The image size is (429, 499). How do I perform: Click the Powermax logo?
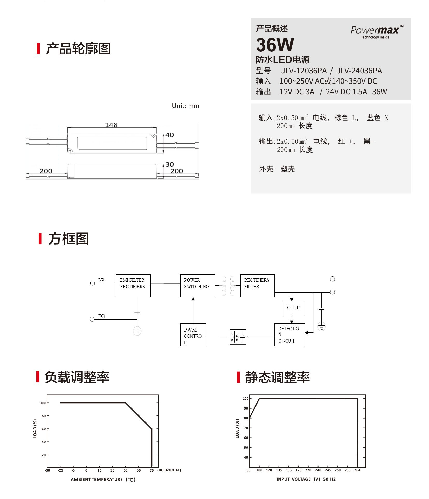[x=377, y=32]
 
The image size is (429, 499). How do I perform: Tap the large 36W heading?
[x=275, y=45]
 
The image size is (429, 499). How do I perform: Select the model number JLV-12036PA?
[x=304, y=71]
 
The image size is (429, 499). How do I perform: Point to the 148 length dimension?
[x=111, y=125]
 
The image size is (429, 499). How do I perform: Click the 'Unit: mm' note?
[x=185, y=106]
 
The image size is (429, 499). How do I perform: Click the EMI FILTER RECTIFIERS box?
[x=133, y=286]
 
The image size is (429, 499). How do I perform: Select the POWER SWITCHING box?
[x=197, y=286]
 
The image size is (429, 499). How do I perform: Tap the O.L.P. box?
[x=294, y=308]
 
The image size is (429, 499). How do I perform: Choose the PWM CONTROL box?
[x=193, y=335]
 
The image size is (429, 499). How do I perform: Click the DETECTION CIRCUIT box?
[x=289, y=335]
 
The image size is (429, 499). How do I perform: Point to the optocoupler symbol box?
[x=238, y=337]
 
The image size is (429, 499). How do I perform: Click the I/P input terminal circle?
[x=92, y=283]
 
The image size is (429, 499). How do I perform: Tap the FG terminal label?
[x=101, y=316]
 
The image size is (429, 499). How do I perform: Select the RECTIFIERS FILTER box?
[x=257, y=286]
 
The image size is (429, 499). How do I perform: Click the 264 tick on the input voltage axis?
[x=357, y=470]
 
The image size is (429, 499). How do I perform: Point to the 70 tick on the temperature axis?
[x=152, y=470]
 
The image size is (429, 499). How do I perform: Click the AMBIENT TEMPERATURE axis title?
[x=103, y=479]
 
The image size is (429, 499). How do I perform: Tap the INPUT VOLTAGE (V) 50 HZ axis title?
[x=306, y=479]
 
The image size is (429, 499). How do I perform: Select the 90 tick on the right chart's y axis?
[x=246, y=408]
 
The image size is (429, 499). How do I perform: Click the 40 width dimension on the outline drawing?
[x=170, y=135]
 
